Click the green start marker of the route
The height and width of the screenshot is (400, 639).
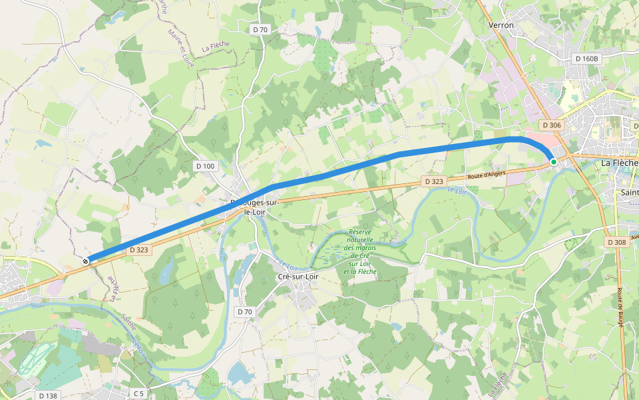coord(553,161)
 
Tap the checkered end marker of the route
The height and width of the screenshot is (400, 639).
coord(86,261)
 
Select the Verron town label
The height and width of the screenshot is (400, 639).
coord(501,25)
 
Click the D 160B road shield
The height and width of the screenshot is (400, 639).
coord(586,59)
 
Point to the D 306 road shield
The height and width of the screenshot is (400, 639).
coord(552,125)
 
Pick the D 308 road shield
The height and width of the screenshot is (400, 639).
coord(617,243)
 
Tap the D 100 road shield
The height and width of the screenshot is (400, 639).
coord(206,165)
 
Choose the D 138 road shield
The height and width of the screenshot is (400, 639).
coord(47,395)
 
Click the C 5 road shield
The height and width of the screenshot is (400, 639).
coord(138,394)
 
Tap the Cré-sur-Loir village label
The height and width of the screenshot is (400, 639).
coord(299,276)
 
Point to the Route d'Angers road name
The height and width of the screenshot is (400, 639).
coord(486,175)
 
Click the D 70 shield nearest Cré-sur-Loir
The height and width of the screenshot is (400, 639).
coord(244,311)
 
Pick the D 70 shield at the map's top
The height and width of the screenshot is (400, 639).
coord(260,29)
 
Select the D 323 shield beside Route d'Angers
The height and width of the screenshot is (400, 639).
coord(433,181)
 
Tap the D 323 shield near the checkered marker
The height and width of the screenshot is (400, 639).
coord(138,250)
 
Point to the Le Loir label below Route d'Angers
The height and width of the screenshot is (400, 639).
coord(457,191)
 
